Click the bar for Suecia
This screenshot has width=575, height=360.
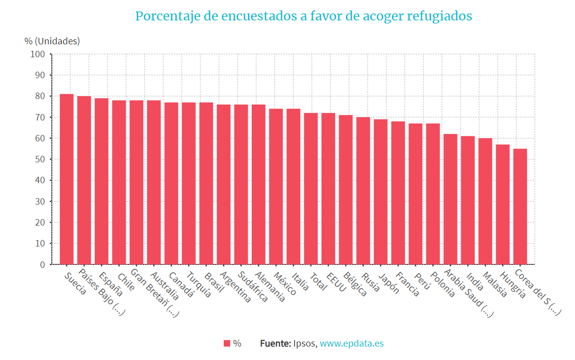pyautogui.click(x=67, y=179)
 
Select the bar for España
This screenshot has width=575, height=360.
pyautogui.click(x=102, y=181)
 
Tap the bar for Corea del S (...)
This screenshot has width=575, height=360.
pyautogui.click(x=520, y=206)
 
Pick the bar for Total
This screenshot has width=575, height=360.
pyautogui.click(x=311, y=189)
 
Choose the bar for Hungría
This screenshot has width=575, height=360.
pyautogui.click(x=503, y=204)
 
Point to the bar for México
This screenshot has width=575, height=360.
pyautogui.click(x=276, y=186)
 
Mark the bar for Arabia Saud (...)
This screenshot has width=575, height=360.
pyautogui.click(x=450, y=199)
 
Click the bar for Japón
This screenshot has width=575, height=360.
pyautogui.click(x=381, y=192)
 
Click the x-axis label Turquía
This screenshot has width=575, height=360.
pyautogui.click(x=198, y=284)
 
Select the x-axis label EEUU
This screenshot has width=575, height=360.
pyautogui.click(x=336, y=281)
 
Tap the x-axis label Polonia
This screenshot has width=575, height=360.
pyautogui.click(x=442, y=284)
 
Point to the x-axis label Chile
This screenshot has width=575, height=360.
pyautogui.click(x=125, y=282)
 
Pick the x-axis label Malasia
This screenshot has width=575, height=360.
pyautogui.click(x=494, y=284)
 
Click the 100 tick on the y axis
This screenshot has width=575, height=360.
pyautogui.click(x=38, y=54)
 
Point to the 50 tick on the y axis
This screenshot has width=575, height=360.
pyautogui.click(x=40, y=159)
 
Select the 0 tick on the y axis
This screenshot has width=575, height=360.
pyautogui.click(x=42, y=264)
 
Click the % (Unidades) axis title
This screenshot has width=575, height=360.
pyautogui.click(x=52, y=41)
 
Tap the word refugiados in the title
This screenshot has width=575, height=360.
pyautogui.click(x=439, y=16)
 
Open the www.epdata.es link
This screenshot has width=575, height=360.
pyautogui.click(x=351, y=344)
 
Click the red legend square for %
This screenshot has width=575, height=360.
pyautogui.click(x=227, y=344)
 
